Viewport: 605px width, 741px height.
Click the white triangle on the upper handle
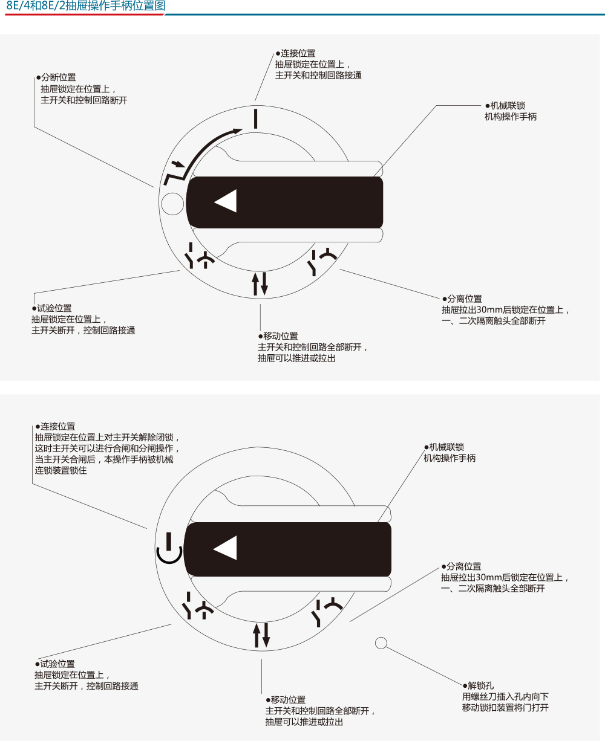pos(227,201)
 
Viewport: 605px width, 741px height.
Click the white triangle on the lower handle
pos(226,548)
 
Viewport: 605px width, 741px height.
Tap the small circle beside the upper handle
pos(172,204)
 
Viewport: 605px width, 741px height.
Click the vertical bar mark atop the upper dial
pos(257,118)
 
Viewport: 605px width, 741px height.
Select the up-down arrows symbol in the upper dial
pos(260,283)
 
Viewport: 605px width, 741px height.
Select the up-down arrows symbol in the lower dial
pos(261,633)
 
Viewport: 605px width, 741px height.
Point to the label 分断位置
pos(58,77)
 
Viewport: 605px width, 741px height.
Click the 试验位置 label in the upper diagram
pos(54,308)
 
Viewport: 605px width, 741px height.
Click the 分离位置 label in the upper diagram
pos(464,299)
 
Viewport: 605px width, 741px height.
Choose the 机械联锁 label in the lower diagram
pos(446,447)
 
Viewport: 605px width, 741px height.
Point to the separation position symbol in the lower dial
pos(325,611)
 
